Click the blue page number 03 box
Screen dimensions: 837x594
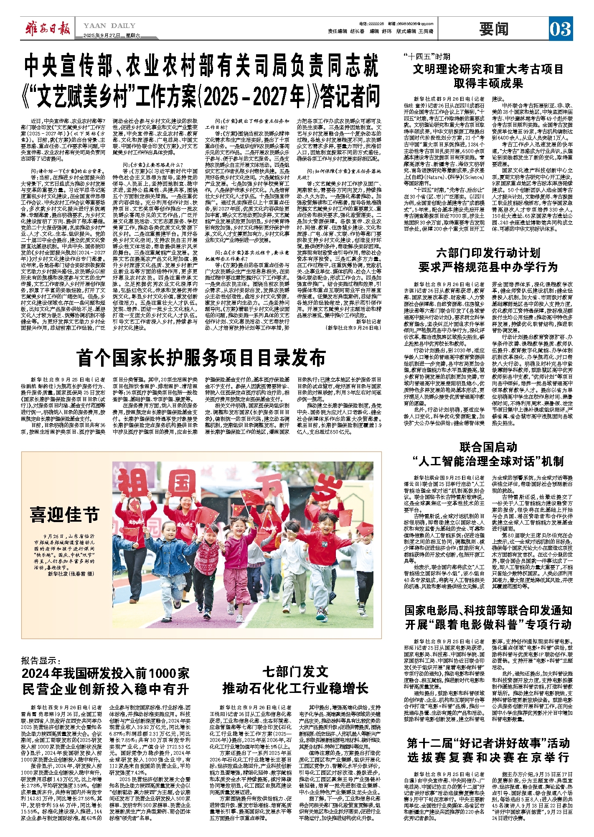click(x=560, y=29)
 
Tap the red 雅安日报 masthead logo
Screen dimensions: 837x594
click(x=47, y=29)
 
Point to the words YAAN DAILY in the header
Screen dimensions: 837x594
click(x=109, y=26)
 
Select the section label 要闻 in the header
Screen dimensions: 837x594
click(x=494, y=29)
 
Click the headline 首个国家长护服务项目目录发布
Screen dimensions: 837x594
click(x=201, y=358)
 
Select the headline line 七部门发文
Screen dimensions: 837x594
click(x=295, y=672)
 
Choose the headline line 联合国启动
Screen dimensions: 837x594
click(x=488, y=447)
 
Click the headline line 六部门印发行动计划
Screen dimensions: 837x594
click(x=488, y=253)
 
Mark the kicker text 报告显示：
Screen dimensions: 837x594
click(x=41, y=661)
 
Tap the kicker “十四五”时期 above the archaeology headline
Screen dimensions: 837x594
click(x=427, y=57)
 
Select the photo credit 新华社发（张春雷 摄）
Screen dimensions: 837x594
click(x=71, y=574)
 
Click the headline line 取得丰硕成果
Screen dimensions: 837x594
click(x=488, y=83)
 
